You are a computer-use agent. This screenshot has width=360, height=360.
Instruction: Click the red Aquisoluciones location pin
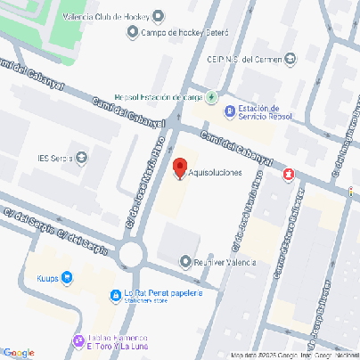click(x=179, y=168)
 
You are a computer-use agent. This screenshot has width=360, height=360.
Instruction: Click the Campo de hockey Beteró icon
click(x=133, y=34)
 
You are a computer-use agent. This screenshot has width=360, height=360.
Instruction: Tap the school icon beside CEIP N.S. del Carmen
click(x=290, y=60)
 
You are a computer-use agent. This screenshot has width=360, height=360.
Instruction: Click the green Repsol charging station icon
click(x=211, y=97)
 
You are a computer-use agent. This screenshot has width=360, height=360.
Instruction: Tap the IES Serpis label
click(x=53, y=159)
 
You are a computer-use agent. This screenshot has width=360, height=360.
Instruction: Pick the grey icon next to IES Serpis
click(x=82, y=159)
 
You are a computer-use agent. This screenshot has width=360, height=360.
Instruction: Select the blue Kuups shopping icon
click(x=67, y=278)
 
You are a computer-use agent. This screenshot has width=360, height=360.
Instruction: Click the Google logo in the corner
click(x=18, y=353)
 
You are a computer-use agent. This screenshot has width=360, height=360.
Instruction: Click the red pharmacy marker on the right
click(x=288, y=175)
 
